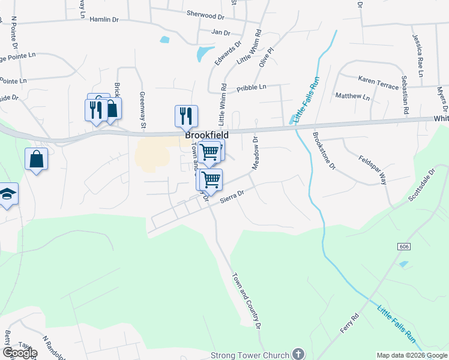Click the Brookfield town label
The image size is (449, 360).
click(x=206, y=136)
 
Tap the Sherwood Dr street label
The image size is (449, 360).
click(x=205, y=13)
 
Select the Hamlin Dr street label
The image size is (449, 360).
click(x=104, y=20)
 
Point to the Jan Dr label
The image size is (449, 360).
click(x=221, y=32)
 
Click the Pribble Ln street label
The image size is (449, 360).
click(x=251, y=87)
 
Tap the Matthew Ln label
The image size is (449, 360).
click(x=352, y=96)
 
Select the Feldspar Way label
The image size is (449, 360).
click(x=374, y=159)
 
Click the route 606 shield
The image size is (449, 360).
click(x=403, y=247)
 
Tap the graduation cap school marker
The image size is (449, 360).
click(x=7, y=194)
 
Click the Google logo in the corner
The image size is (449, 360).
click(x=20, y=353)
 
